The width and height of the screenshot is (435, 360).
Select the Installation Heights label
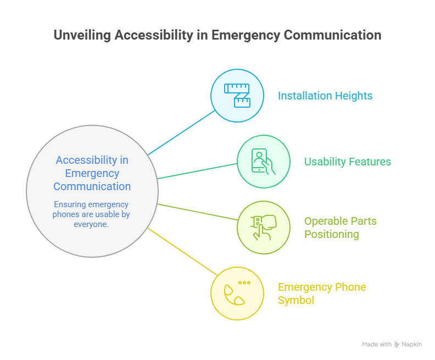pos(325,96)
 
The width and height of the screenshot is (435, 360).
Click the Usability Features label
pos(347,162)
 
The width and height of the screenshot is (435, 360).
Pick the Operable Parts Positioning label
pos(340,228)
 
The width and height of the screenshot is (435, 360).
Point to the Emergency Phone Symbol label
pos(321,293)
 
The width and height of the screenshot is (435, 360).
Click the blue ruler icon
pos(237,95)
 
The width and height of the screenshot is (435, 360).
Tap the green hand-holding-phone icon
pos(263,162)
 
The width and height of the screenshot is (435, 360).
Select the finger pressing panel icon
pos(263,227)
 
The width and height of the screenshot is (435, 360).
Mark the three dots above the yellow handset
pos(244,283)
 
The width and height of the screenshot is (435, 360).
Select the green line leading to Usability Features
pos(198,171)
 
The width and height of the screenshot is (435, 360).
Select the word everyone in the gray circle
pos(92,224)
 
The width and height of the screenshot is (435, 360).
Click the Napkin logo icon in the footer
pos(397,345)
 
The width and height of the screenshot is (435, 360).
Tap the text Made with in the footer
pos(376,345)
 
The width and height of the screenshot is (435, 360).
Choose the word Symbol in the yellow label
pos(296,300)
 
